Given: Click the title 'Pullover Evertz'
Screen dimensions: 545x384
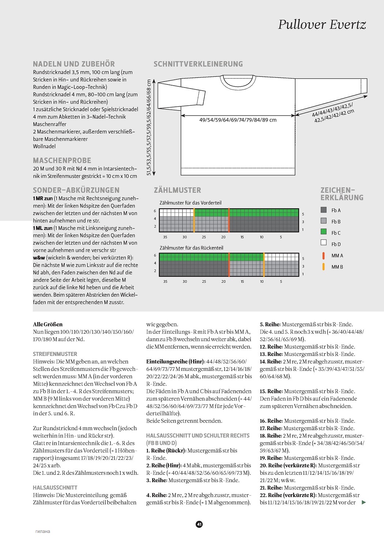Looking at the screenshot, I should pyautogui.click(x=322, y=25).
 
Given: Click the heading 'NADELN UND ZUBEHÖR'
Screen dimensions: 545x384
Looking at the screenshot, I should pyautogui.click(x=74, y=64).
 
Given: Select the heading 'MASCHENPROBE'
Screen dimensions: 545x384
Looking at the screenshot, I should pyautogui.click(x=62, y=161).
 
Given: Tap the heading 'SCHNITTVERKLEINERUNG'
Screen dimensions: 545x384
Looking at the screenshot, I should pyautogui.click(x=198, y=64).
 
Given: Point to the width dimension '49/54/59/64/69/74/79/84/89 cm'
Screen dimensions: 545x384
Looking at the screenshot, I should pyautogui.click(x=238, y=120).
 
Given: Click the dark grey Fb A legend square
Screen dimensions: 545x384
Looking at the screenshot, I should pyautogui.click(x=323, y=210).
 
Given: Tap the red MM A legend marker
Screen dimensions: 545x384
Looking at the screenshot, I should pyautogui.click(x=323, y=255).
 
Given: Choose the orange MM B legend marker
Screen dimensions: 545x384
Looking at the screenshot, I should pyautogui.click(x=323, y=267).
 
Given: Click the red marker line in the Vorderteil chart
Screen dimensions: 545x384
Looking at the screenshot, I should pyautogui.click(x=229, y=220).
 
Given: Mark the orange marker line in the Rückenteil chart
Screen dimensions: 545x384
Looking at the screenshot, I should pyautogui.click(x=264, y=264).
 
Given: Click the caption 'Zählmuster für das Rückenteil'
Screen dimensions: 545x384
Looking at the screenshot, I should pyautogui.click(x=191, y=248).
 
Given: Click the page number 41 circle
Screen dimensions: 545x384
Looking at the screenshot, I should pyautogui.click(x=199, y=524).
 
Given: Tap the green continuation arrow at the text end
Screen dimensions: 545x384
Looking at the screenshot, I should pyautogui.click(x=364, y=503).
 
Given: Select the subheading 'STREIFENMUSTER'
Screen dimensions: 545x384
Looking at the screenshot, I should pyautogui.click(x=55, y=354).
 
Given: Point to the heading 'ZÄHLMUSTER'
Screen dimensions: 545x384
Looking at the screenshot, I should pyautogui.click(x=177, y=190).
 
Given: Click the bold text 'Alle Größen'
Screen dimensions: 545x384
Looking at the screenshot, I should pyautogui.click(x=48, y=324).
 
